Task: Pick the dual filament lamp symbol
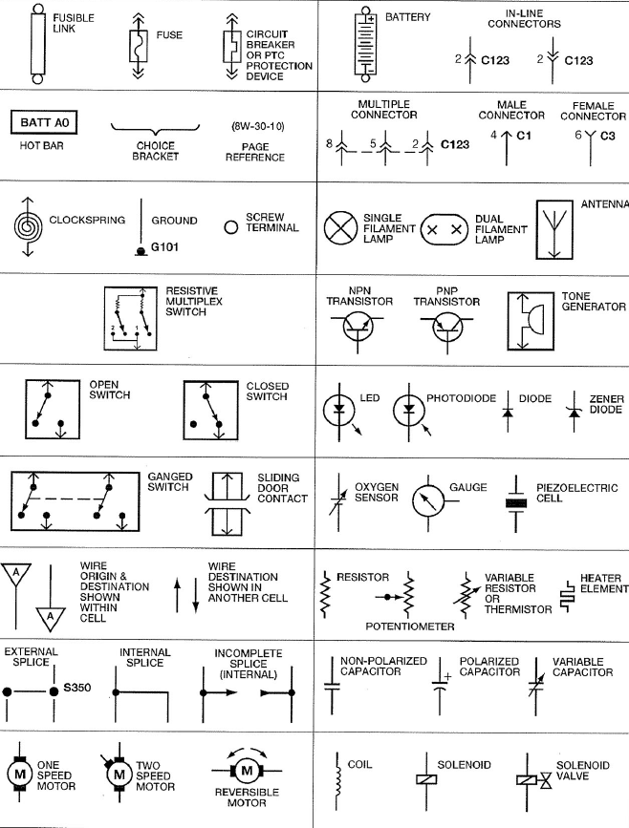(x=445, y=230)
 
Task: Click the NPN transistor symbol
(x=360, y=328)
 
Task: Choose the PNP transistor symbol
(x=447, y=328)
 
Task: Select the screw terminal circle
(x=230, y=227)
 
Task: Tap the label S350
(x=76, y=687)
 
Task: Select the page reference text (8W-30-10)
(x=257, y=125)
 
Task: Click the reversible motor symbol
(x=246, y=770)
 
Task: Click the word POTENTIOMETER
(x=409, y=627)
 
